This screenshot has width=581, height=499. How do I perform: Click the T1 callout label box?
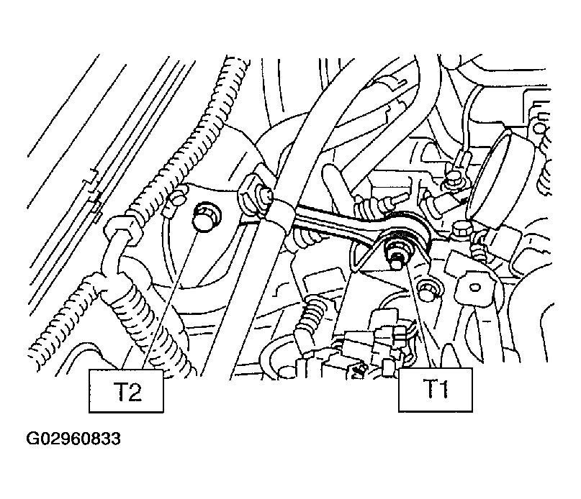tap(435, 390)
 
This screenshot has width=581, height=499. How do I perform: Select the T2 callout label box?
tap(126, 391)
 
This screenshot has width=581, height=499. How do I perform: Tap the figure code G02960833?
tap(73, 439)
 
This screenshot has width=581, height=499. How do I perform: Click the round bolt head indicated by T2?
tap(206, 219)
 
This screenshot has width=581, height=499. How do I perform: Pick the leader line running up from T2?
tap(169, 301)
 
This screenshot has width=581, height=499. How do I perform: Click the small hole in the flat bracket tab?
tap(474, 287)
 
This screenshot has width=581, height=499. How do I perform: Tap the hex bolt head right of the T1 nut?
tap(461, 231)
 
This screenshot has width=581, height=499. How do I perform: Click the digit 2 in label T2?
tap(134, 393)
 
